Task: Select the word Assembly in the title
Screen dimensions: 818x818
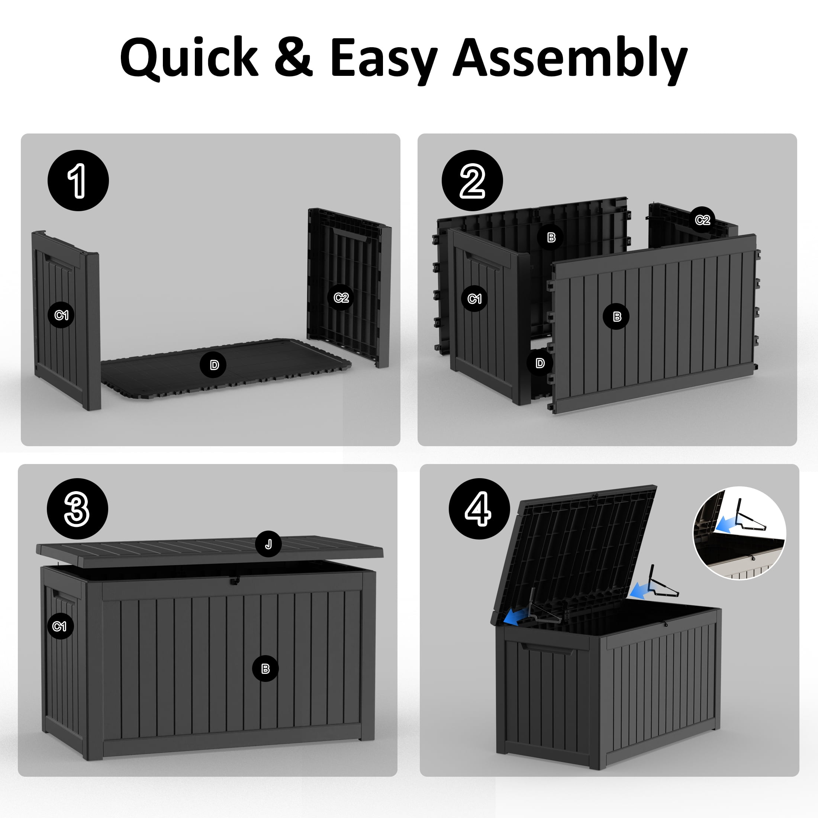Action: click(570, 59)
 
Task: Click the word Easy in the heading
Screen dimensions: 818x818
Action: click(383, 59)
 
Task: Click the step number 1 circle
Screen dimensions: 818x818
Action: click(78, 180)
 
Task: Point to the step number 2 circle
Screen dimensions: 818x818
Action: click(472, 180)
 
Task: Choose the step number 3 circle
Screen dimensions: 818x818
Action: click(77, 509)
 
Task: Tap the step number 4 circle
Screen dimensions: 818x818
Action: click(479, 509)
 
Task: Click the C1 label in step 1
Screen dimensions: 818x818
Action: click(61, 315)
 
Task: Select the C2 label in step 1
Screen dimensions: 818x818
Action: click(341, 298)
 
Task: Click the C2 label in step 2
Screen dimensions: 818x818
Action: click(702, 220)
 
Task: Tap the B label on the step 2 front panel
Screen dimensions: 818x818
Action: click(617, 316)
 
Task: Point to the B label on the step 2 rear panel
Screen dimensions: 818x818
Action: click(551, 238)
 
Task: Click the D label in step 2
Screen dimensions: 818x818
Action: click(540, 363)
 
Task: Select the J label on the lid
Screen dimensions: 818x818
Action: click(268, 544)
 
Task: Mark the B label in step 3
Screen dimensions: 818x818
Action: click(265, 669)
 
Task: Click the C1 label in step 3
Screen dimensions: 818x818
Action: click(60, 626)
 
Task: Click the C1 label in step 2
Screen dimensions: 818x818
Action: click(474, 299)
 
